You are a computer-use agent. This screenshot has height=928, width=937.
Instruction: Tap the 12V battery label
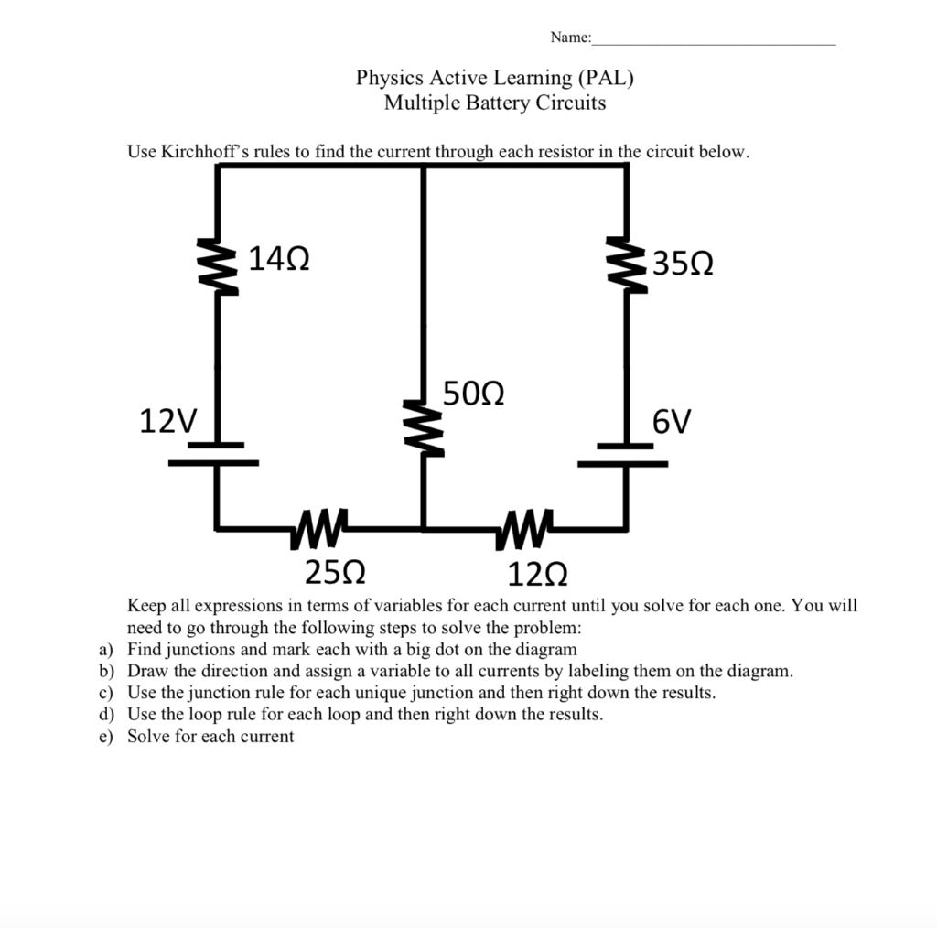(x=168, y=421)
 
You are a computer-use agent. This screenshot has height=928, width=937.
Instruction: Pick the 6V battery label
(x=673, y=422)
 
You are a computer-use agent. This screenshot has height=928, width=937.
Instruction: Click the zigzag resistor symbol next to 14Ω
(x=218, y=265)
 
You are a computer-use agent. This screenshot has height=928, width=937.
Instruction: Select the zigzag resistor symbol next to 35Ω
(x=626, y=265)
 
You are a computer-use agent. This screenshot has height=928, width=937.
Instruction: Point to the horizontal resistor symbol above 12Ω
(x=522, y=528)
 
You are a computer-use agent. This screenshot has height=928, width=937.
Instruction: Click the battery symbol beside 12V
(x=215, y=454)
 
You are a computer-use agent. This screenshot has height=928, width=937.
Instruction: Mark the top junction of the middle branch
(x=423, y=166)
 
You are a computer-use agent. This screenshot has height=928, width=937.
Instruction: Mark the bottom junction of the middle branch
(x=423, y=528)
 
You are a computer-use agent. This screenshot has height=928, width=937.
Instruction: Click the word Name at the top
(x=569, y=38)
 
